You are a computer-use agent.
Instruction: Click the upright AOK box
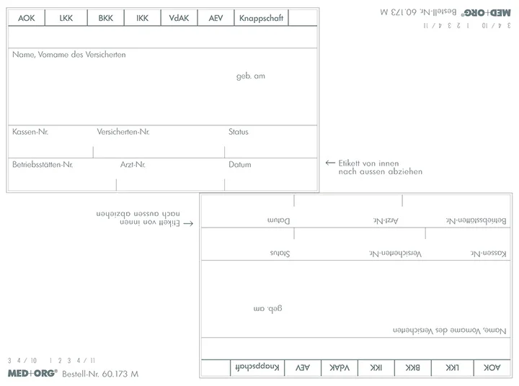[x=27, y=18]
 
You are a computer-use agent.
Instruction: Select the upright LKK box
[x=66, y=18]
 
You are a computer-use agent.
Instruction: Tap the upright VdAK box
[x=179, y=18]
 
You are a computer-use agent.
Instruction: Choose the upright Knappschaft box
[x=261, y=18]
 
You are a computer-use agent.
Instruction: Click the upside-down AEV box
[x=303, y=367]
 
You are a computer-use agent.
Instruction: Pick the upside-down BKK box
[x=413, y=367]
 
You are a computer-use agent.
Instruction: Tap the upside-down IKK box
[x=376, y=367]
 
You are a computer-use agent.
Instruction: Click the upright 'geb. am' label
[x=251, y=76]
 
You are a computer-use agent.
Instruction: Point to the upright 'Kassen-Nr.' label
[x=30, y=132]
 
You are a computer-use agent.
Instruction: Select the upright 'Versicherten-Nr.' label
[x=123, y=132]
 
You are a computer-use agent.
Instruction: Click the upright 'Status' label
[x=239, y=132]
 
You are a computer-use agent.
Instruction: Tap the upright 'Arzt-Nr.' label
[x=133, y=164]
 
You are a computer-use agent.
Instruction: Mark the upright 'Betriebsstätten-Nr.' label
[x=43, y=164]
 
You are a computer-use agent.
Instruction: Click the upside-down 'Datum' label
[x=279, y=220]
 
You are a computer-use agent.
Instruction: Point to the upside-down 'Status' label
[x=280, y=253]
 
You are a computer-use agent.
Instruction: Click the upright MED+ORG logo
[x=32, y=374]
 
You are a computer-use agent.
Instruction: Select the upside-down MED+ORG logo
[x=487, y=12]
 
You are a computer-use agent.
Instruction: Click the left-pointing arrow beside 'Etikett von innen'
[x=330, y=163]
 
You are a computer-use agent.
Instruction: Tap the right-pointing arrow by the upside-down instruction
[x=188, y=223]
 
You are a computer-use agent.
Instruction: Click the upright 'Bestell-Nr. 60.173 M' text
[x=100, y=374]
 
